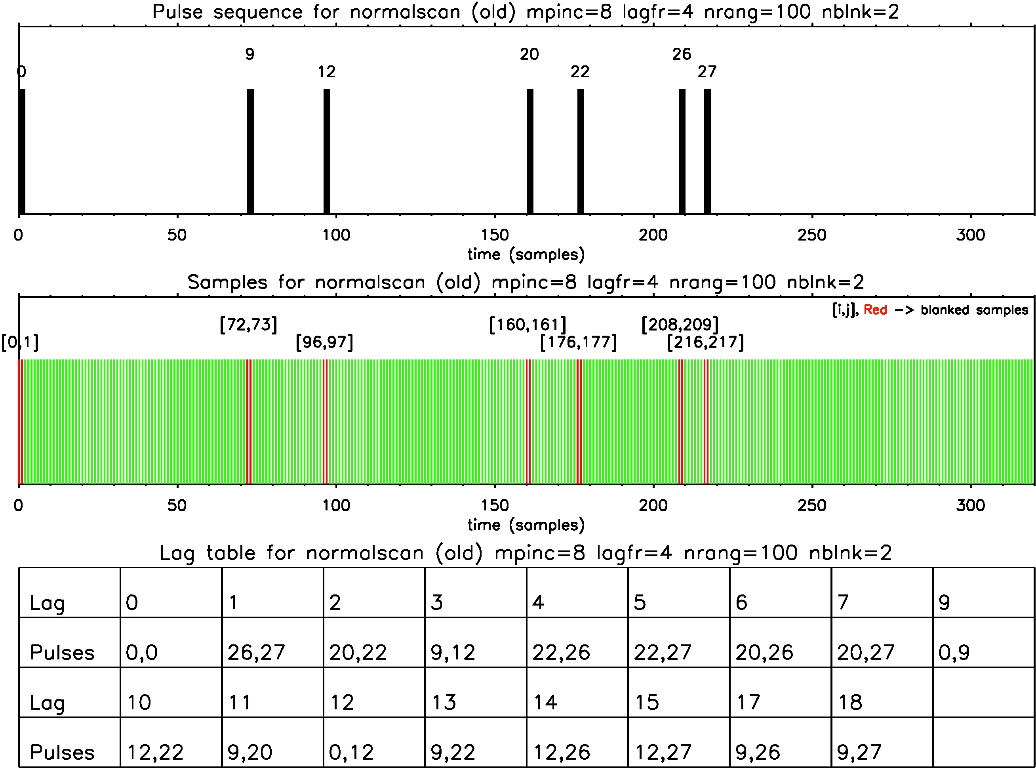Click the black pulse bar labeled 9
250,151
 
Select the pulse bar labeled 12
327,151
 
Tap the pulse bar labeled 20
529,151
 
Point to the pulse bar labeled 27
707,151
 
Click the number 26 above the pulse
682,55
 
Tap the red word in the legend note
875,310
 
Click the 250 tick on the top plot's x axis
812,235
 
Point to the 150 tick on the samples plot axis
495,505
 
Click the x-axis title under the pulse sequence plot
526,254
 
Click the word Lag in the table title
177,553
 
